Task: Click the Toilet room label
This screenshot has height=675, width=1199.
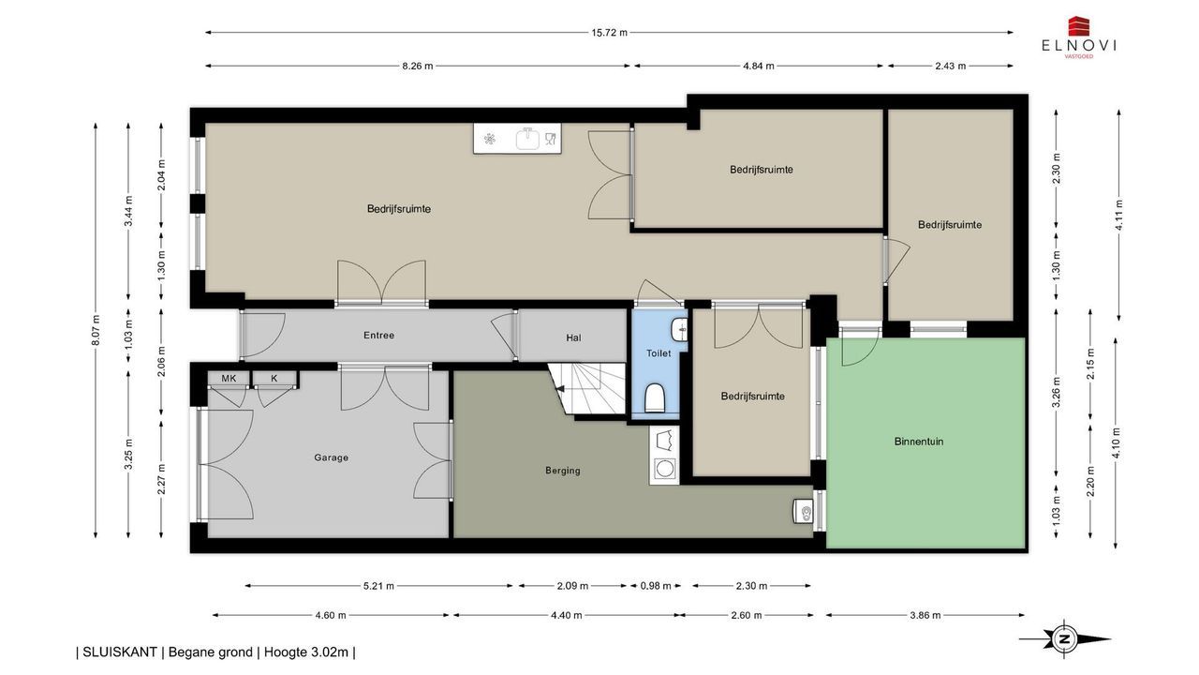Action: pos(658,353)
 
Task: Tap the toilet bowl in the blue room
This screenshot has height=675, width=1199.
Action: pos(654,397)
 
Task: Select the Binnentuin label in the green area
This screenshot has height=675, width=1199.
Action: pos(919,442)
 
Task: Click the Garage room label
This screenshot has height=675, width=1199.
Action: pos(331,457)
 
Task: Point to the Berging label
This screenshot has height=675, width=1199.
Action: pos(563,471)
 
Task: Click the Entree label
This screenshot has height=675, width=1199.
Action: pos(378,336)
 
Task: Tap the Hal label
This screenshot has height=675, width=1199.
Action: pos(573,337)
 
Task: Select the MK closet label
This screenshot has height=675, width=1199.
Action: pos(229,378)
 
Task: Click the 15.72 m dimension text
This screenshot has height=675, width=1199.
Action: pos(609,33)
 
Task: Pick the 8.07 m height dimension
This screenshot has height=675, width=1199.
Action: pos(96,330)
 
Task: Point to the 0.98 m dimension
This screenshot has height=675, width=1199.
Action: pos(655,586)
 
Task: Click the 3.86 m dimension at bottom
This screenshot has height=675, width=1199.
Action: pos(925,616)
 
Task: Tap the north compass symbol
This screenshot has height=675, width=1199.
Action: pos(1065,639)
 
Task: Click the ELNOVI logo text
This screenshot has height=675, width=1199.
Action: pos(1078,46)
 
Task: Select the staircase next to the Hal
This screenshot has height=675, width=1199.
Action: pos(587,389)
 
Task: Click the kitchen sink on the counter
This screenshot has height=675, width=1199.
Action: pos(528,138)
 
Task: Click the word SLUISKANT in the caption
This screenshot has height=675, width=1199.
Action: pos(119,652)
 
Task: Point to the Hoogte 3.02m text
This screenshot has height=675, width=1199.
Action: pos(306,652)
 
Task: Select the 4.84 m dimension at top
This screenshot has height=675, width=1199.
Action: pos(758,67)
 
